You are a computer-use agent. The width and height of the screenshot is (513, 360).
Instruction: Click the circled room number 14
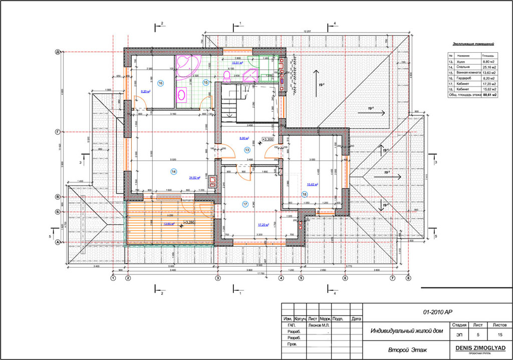point(174,171)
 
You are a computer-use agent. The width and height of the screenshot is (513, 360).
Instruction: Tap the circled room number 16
point(160,83)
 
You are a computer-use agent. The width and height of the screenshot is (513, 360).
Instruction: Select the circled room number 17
point(245,204)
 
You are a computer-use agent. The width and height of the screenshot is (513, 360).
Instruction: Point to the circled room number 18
point(304,194)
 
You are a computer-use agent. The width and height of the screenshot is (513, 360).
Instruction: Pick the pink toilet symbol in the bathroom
point(226,76)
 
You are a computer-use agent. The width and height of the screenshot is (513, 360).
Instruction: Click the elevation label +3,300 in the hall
point(268,139)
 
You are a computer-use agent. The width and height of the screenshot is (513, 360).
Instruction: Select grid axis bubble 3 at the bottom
point(217,278)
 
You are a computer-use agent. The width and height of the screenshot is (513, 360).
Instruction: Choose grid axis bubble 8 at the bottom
point(408,278)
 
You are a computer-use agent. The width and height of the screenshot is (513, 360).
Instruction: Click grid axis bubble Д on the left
point(58,52)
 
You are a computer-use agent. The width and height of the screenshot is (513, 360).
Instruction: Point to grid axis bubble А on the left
point(58,243)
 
